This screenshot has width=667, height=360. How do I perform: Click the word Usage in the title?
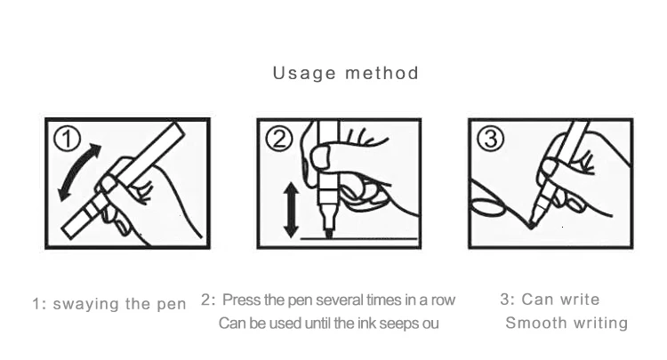(304, 74)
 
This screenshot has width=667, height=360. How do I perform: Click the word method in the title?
(382, 73)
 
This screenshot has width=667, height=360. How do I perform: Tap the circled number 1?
(68, 139)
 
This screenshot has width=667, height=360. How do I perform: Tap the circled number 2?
(279, 139)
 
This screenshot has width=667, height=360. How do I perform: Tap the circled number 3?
(490, 139)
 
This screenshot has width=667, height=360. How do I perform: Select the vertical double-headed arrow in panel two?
(291, 210)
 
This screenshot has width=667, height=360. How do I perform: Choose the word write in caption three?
(580, 300)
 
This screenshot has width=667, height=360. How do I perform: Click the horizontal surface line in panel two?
(359, 239)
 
